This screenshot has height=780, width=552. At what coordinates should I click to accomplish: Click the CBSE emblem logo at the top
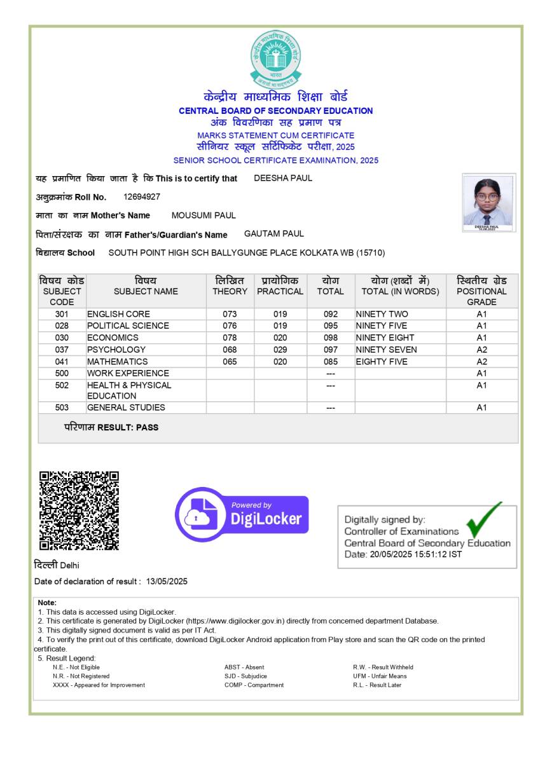tap(275, 58)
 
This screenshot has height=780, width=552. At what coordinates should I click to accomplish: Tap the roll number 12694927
tap(142, 197)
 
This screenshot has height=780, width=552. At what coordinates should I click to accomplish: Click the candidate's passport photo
tap(488, 202)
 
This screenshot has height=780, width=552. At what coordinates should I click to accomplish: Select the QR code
tap(79, 510)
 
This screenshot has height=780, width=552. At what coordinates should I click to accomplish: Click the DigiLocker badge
tap(242, 514)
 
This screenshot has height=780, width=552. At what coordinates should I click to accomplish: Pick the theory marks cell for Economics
tap(230, 338)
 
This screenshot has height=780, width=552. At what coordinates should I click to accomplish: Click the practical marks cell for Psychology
tap(280, 350)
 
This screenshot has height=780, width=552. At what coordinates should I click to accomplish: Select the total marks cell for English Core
tap(331, 314)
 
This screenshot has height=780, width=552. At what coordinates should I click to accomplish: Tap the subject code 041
tap(62, 362)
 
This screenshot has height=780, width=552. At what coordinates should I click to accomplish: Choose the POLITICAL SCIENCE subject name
tap(128, 325)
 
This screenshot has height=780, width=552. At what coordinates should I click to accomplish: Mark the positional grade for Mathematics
tap(481, 362)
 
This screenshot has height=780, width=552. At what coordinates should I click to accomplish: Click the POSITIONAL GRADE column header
tap(481, 291)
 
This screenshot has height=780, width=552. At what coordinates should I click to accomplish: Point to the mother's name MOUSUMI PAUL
tap(204, 216)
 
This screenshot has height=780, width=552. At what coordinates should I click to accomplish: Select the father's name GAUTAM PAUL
tap(274, 234)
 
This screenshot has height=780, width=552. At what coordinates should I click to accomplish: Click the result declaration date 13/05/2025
tap(167, 582)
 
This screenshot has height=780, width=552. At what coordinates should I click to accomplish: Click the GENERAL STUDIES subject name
tap(126, 407)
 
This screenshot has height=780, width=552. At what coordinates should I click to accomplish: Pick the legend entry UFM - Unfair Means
tap(380, 676)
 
